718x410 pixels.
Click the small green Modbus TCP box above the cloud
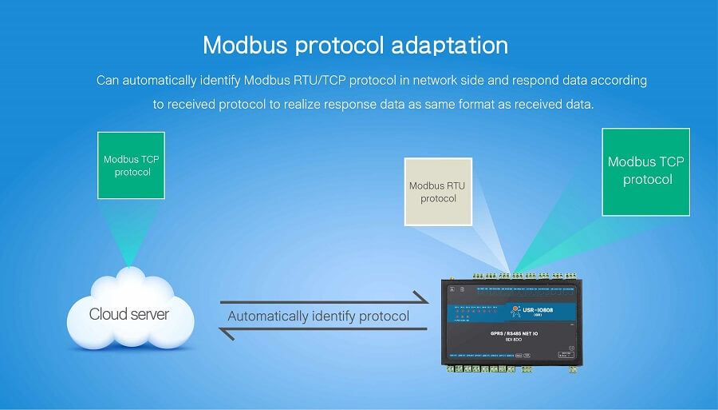(x=132, y=165)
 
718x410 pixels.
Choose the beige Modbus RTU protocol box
(x=438, y=192)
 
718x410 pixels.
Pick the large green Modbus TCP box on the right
(x=646, y=171)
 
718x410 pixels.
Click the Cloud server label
(x=128, y=314)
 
